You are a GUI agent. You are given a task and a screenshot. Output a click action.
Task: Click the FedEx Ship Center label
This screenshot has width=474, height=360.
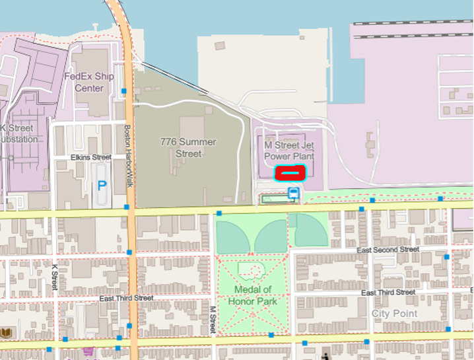(x=88, y=82)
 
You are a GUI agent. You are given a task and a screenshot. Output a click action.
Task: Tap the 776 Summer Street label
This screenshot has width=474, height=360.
(x=188, y=147)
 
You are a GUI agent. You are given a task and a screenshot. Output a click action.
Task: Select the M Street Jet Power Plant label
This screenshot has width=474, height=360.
(x=289, y=151)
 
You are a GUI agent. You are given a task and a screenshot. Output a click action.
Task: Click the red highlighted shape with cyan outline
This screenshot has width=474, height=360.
(x=290, y=174)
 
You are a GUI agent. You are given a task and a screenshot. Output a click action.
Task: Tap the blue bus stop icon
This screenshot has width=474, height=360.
(x=293, y=193)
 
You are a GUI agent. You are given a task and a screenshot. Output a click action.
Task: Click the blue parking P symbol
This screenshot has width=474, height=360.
(x=102, y=186)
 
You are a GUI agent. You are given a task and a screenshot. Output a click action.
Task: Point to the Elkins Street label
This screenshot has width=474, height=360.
(x=91, y=157)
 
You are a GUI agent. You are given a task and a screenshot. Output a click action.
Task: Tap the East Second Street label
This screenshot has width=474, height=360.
(x=388, y=250)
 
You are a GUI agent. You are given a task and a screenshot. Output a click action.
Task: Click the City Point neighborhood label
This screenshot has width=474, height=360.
(x=395, y=313)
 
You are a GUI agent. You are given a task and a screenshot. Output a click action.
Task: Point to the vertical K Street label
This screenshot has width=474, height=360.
(x=55, y=277)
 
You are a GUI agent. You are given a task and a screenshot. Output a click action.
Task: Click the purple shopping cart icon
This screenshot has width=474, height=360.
(x=88, y=351)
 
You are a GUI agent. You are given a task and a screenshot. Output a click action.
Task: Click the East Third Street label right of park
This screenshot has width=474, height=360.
(x=388, y=292)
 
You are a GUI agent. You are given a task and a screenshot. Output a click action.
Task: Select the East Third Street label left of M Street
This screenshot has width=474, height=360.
(x=126, y=299)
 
